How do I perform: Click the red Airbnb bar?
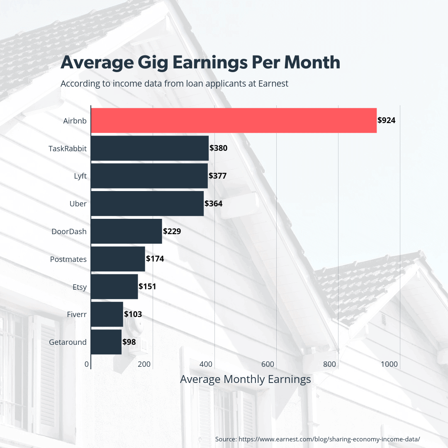(x=234, y=121)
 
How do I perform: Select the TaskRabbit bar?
(x=149, y=148)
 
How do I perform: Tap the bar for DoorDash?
(x=126, y=231)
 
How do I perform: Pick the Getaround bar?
(x=106, y=342)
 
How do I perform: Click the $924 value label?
(x=386, y=121)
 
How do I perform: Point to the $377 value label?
(x=217, y=176)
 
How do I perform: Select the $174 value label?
(x=155, y=259)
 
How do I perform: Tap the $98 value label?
(x=129, y=342)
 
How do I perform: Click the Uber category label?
(x=78, y=203)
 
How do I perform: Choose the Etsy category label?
(x=79, y=287)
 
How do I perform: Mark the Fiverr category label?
(x=77, y=315)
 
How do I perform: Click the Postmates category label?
(x=68, y=259)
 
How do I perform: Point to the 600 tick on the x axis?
(x=268, y=364)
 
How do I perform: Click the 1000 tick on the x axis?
(x=390, y=364)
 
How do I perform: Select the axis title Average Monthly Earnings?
(x=245, y=379)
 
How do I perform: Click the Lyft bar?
(x=149, y=176)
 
